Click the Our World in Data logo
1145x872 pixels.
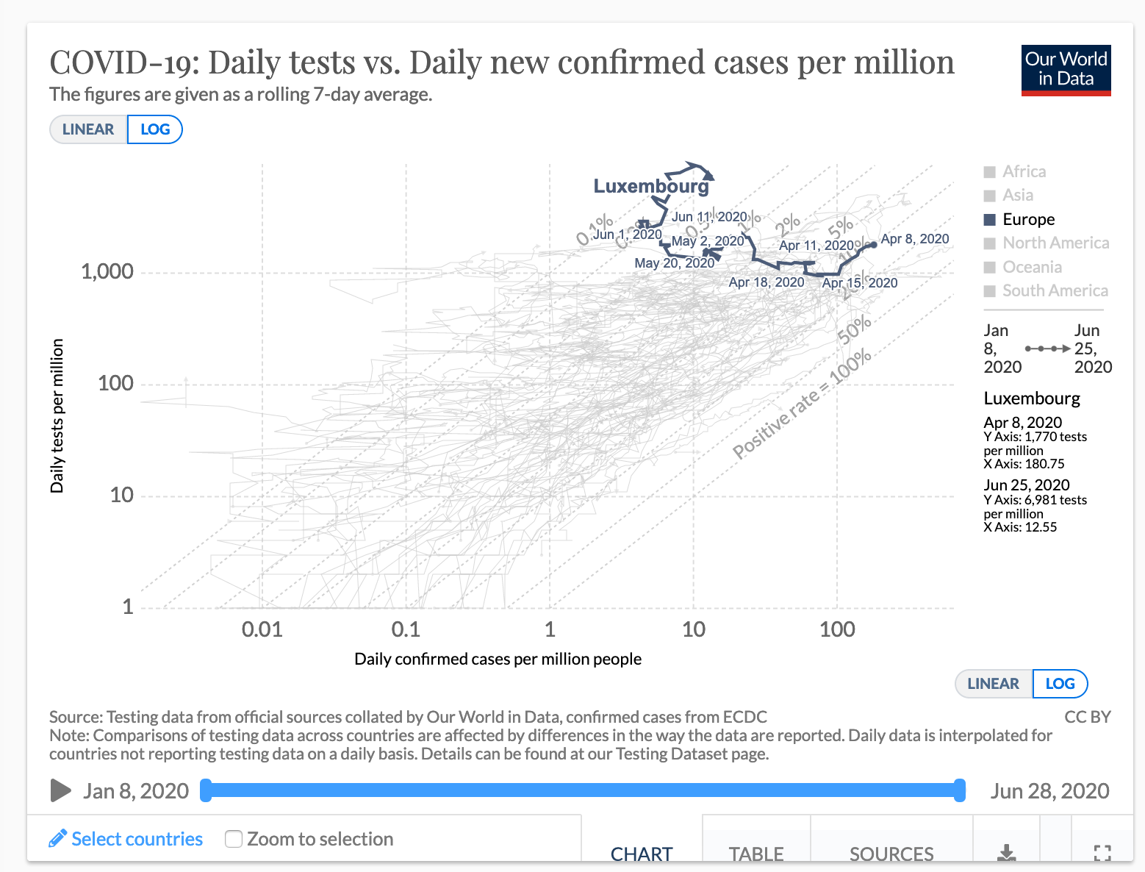(1066, 70)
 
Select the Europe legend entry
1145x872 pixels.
(1027, 219)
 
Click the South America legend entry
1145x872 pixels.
(1054, 290)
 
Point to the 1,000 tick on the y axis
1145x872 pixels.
(107, 271)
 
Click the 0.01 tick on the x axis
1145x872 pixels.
(262, 629)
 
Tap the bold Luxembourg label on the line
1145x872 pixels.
(651, 186)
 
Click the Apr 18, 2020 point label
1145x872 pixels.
(766, 282)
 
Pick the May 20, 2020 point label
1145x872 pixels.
(674, 263)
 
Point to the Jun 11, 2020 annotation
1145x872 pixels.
(708, 217)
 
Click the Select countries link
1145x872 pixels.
(137, 839)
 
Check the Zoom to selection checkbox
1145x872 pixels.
(234, 839)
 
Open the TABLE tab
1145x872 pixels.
(756, 853)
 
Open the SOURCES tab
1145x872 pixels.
(891, 853)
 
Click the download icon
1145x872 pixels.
(1006, 853)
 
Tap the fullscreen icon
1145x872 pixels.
(1102, 853)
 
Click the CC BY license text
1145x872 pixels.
(1087, 717)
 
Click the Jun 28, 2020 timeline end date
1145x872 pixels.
(1049, 791)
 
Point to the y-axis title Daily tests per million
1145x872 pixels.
(57, 415)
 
